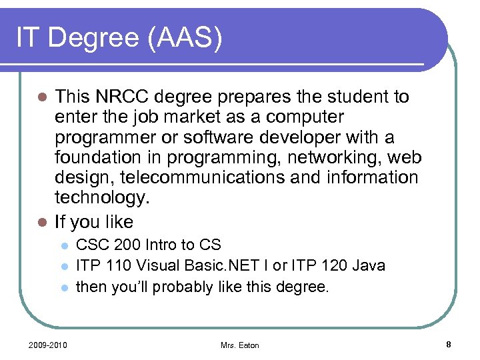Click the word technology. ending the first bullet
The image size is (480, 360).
(101, 199)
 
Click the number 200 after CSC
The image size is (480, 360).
(119, 245)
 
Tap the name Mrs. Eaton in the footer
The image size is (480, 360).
(239, 345)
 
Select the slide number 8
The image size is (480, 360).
(449, 344)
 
